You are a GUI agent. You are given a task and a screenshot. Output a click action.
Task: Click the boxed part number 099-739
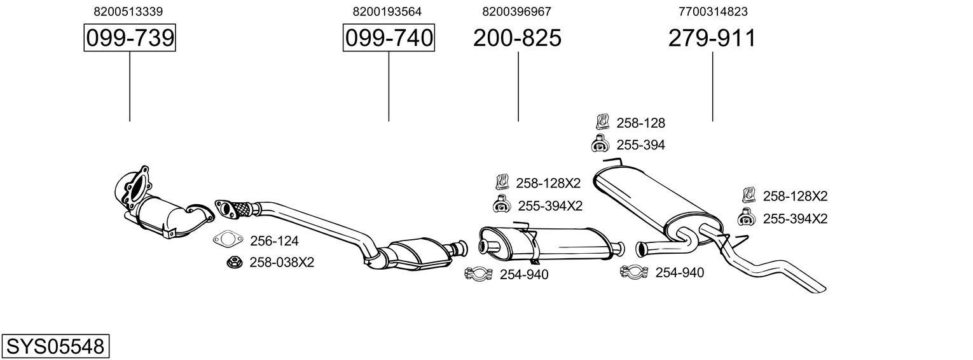coord(130,38)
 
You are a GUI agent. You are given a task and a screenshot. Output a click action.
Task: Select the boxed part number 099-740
coord(389,38)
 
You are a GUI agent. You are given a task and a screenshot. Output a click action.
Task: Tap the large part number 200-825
coord(517,38)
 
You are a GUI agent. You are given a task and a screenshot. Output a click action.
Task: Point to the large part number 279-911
coord(712,38)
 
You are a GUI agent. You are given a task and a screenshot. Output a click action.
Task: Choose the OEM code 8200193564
coord(387,11)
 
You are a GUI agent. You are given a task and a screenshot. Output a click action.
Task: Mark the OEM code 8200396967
coord(516,11)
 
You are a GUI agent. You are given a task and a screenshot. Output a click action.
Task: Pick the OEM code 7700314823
coord(713,11)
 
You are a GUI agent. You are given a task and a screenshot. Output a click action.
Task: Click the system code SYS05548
coord(55,347)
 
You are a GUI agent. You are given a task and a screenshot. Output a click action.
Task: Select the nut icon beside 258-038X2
coord(233,261)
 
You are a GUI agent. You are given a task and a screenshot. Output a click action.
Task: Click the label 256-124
coord(274,241)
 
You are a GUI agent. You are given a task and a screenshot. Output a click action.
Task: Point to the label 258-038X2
coord(282,262)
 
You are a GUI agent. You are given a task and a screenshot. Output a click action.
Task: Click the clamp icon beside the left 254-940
coord(479,274)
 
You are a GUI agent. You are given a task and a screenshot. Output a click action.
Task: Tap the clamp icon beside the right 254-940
coord(633,272)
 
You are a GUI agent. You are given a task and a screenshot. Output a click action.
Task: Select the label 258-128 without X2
coord(640,123)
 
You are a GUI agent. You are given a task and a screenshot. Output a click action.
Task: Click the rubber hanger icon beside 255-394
coord(600,144)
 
